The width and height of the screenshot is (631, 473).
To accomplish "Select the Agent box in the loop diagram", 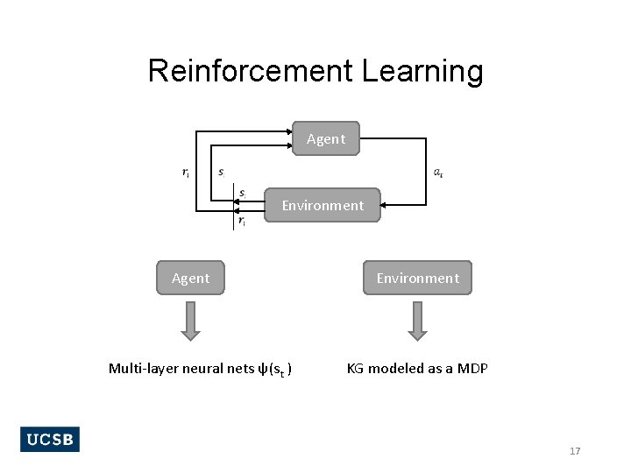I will coord(326,138).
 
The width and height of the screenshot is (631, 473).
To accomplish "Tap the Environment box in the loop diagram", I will coord(323,206).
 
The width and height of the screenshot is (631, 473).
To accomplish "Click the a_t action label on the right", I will coord(438,173).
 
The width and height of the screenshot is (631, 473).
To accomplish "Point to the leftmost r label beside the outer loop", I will coord(186,173).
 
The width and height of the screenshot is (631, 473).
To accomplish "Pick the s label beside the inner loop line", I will coord(222,173).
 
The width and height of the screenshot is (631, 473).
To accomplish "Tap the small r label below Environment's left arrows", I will coord(243,222).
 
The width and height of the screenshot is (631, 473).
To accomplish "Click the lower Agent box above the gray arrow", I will coord(191,278).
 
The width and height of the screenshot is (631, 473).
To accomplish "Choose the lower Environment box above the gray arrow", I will coord(418,278).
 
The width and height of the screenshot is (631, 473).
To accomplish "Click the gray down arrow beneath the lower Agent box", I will coord(191,321).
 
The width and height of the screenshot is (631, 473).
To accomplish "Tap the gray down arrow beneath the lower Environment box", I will coord(418,321).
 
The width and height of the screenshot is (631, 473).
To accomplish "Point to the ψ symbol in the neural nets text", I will coord(261,369).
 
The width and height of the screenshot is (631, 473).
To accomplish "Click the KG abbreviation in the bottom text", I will coord(355,369).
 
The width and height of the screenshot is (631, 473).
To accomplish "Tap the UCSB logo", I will coord(50,440).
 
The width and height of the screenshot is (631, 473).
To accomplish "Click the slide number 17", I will coord(575,451).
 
